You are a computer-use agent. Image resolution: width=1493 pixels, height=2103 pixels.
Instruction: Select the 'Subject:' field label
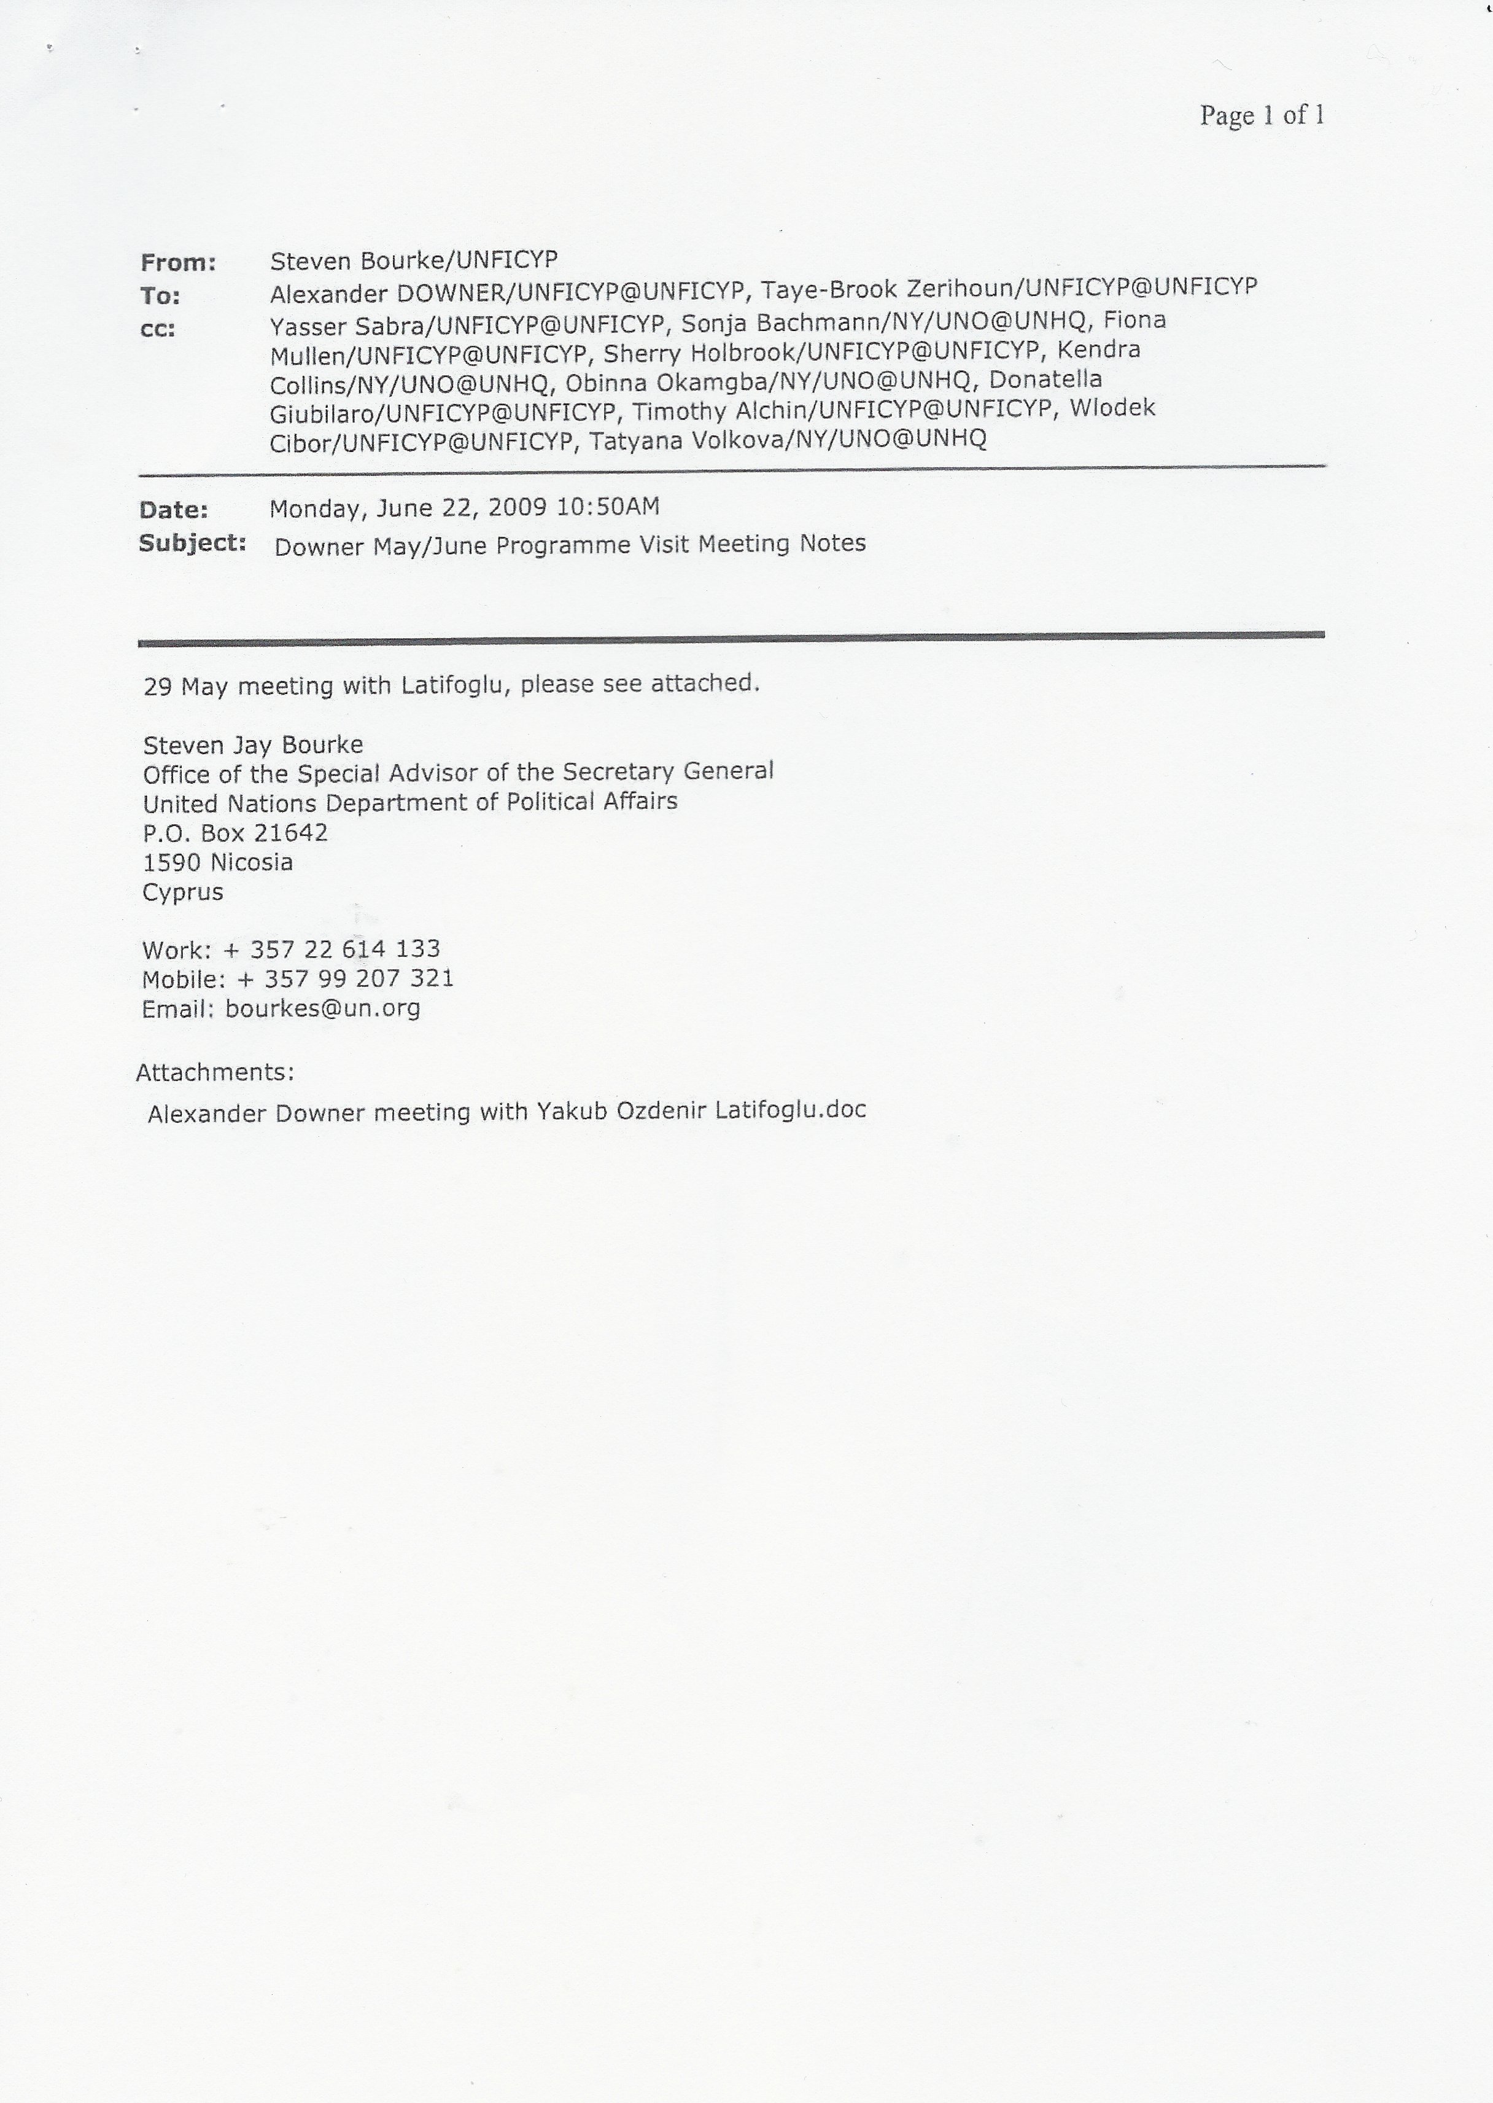pos(192,544)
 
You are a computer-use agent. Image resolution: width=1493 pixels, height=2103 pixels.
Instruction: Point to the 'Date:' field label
pos(174,510)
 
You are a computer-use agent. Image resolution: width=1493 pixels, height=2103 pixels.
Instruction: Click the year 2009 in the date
pos(518,507)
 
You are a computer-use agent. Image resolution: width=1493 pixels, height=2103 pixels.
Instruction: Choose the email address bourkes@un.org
pos(323,1009)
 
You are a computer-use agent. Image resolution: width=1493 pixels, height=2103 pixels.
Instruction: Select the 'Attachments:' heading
pos(215,1072)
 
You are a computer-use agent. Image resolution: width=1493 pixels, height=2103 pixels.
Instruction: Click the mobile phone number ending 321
pos(360,978)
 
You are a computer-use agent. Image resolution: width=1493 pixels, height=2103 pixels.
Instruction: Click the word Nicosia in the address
pos(251,862)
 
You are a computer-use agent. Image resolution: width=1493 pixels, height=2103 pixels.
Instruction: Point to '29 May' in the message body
pos(186,687)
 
